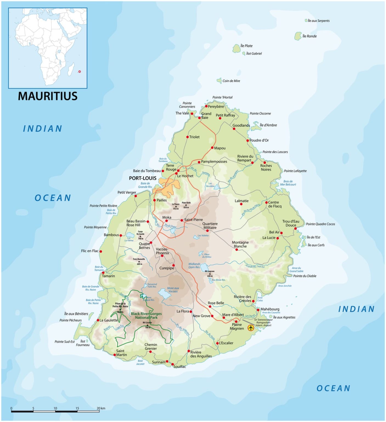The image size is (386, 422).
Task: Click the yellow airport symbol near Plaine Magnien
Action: click(250, 328)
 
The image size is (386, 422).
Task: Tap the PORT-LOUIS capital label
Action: click(143, 178)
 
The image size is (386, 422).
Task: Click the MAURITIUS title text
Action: click(48, 96)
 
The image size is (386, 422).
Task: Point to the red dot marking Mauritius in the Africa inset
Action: click(80, 71)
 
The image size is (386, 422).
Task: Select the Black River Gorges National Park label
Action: click(146, 316)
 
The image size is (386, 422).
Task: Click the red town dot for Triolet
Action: click(187, 137)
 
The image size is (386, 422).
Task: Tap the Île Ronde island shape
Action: click(298, 36)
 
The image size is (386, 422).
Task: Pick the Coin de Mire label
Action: click(231, 81)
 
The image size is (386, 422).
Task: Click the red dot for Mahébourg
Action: click(258, 310)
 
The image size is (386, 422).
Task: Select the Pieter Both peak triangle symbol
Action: click(186, 205)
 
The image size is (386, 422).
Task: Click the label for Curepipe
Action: click(167, 268)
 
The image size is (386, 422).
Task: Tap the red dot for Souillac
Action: click(173, 364)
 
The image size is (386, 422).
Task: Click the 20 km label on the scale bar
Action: click(101, 408)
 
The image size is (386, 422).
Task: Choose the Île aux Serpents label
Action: click(319, 21)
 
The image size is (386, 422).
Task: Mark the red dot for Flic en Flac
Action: click(101, 251)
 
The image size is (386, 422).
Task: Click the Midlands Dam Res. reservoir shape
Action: click(204, 267)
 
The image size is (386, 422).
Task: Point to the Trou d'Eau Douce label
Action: click(291, 223)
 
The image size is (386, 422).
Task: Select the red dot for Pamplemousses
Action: click(199, 162)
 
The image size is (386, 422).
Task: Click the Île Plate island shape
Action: click(236, 49)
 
